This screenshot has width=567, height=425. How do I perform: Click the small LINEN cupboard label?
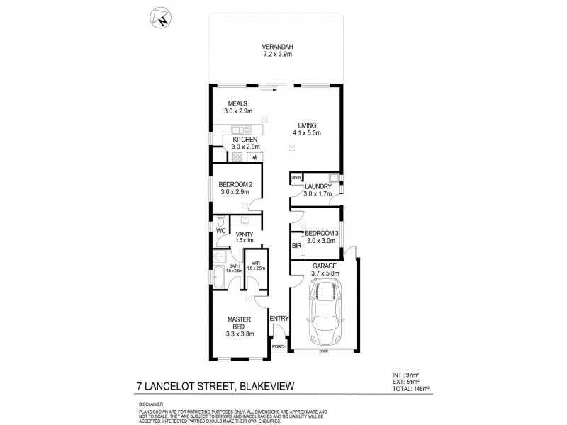pyautogui.click(x=296, y=177)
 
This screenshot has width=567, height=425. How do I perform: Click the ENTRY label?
pyautogui.click(x=279, y=319)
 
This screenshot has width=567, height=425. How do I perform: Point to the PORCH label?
pyautogui.click(x=279, y=347)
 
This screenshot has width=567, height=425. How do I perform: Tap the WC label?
pyautogui.click(x=220, y=231)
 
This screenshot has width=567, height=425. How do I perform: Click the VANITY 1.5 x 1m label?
pyautogui.click(x=245, y=237)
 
